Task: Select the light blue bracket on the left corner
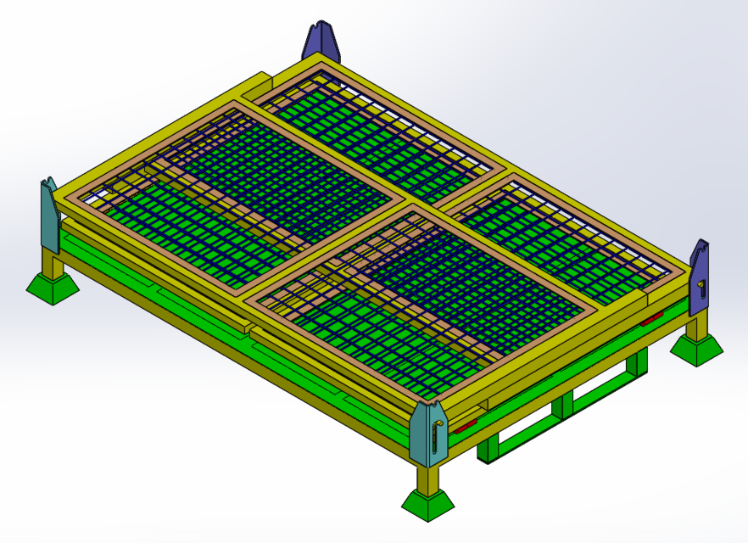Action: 49,216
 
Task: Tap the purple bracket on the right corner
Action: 700,276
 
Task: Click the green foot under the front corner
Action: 428,503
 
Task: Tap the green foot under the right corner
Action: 697,348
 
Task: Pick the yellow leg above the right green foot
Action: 696,325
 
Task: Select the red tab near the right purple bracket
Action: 652,320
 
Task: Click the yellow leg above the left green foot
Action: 53,265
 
